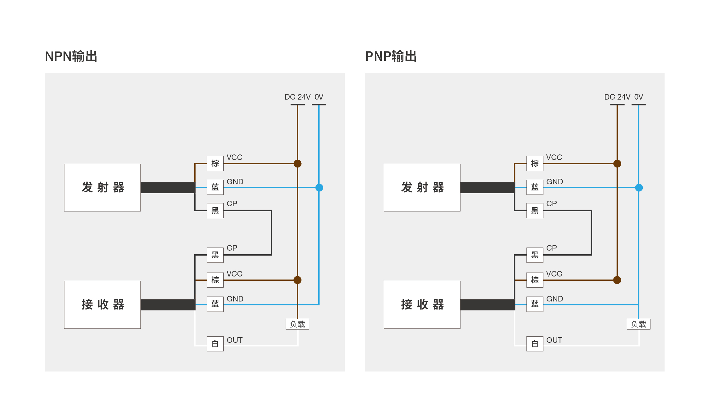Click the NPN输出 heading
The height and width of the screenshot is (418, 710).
pyautogui.click(x=71, y=56)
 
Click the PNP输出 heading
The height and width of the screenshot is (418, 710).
pyautogui.click(x=391, y=56)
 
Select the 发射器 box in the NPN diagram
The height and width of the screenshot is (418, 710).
pyautogui.click(x=102, y=187)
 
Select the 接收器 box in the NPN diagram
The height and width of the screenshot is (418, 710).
pyautogui.click(x=102, y=305)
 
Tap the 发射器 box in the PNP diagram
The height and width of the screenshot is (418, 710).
pyautogui.click(x=422, y=187)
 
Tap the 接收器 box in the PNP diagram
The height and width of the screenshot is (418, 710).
pyautogui.click(x=422, y=305)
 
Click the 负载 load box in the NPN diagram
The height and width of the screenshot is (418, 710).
pyautogui.click(x=297, y=324)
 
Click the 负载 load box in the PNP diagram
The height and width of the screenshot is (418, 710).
pyautogui.click(x=638, y=324)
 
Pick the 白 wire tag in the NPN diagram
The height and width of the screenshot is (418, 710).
pyautogui.click(x=215, y=344)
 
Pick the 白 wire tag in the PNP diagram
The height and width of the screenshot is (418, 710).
pyautogui.click(x=535, y=344)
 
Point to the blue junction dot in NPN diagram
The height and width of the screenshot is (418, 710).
pyautogui.click(x=319, y=187)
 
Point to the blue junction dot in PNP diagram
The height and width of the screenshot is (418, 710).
pyautogui.click(x=639, y=187)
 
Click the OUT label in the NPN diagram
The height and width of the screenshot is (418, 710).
pyautogui.click(x=235, y=340)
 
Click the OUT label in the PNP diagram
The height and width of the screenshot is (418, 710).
pyautogui.click(x=554, y=340)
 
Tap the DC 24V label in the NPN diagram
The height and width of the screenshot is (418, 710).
pyautogui.click(x=297, y=97)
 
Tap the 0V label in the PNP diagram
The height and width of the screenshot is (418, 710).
pyautogui.click(x=638, y=97)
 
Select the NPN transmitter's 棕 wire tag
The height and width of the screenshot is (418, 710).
pyautogui.click(x=215, y=163)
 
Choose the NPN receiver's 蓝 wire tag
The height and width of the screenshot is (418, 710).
pyautogui.click(x=215, y=304)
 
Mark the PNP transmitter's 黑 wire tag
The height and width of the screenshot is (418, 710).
pyautogui.click(x=535, y=211)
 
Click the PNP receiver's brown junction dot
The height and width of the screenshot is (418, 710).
pyautogui.click(x=617, y=280)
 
